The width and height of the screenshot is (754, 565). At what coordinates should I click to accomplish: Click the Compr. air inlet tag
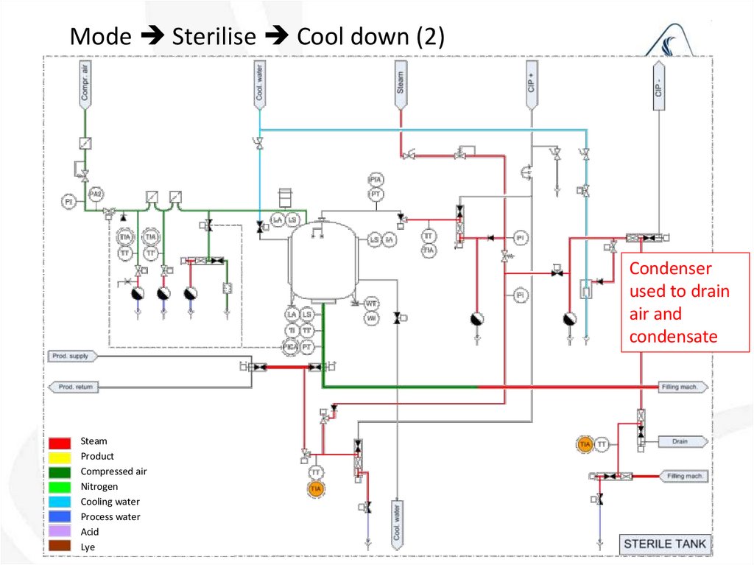point(85,83)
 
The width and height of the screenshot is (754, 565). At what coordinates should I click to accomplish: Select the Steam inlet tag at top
point(401,81)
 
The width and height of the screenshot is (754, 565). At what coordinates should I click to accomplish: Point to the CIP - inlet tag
point(658,84)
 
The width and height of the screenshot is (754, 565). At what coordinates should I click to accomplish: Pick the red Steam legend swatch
point(60,442)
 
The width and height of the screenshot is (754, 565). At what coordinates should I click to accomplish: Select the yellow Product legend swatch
point(60,457)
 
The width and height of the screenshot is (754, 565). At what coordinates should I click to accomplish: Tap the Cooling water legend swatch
point(60,502)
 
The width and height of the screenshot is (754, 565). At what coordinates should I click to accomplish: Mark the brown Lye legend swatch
point(60,547)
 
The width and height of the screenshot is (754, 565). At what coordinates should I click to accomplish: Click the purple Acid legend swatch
point(60,532)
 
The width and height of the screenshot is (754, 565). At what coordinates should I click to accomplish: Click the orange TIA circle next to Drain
point(585,444)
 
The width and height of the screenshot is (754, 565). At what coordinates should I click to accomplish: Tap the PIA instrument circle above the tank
point(376,180)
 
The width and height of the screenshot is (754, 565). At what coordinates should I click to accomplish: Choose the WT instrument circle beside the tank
point(371,303)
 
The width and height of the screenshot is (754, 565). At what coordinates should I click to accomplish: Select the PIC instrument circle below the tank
point(292,345)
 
